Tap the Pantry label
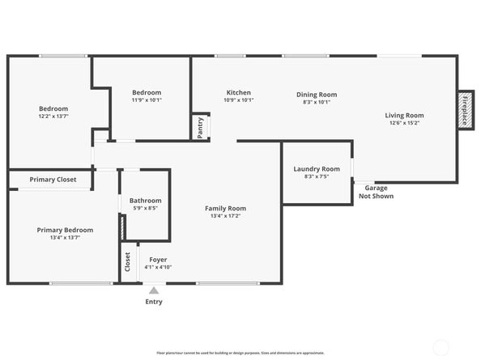(x=200, y=127)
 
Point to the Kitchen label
(x=238, y=92)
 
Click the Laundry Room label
(x=316, y=168)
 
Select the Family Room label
(x=225, y=209)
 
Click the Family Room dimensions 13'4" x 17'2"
(x=225, y=217)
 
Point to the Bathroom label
(x=146, y=201)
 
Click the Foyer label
(x=158, y=259)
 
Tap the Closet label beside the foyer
(x=127, y=262)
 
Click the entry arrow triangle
(x=154, y=290)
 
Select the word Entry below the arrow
(x=154, y=302)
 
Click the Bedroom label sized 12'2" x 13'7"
(x=53, y=108)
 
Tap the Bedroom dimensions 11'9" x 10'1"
(x=147, y=100)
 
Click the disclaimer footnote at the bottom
(x=240, y=353)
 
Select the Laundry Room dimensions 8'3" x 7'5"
(x=316, y=176)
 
